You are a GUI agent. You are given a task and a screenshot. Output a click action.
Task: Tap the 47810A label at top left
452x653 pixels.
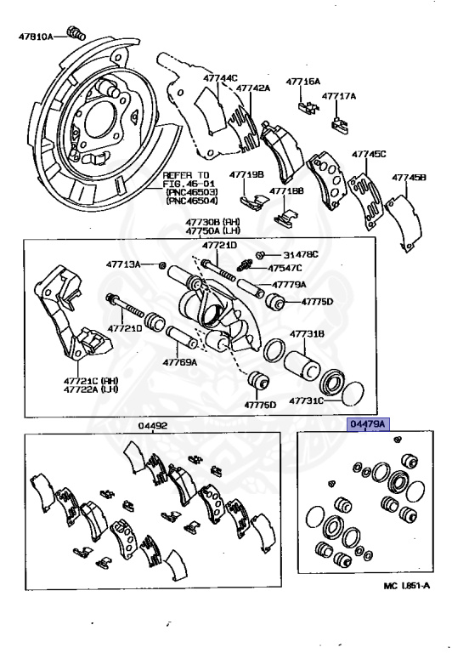pyautogui.click(x=37, y=37)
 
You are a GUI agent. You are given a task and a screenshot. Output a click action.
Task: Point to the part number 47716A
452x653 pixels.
pyautogui.click(x=303, y=82)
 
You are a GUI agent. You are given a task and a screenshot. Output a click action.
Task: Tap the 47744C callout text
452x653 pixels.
pyautogui.click(x=220, y=78)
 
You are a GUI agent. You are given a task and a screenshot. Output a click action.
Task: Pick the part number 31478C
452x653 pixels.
pyautogui.click(x=301, y=254)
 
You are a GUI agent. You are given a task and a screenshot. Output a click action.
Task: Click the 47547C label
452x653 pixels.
pyautogui.click(x=287, y=268)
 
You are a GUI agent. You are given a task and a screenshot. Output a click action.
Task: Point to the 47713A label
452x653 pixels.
pyautogui.click(x=123, y=264)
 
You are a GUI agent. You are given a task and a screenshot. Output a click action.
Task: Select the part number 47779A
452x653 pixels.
pyautogui.click(x=290, y=284)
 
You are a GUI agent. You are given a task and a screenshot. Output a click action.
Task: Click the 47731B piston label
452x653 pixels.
pyautogui.click(x=308, y=334)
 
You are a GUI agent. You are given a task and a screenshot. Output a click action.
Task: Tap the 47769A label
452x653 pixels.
pyautogui.click(x=180, y=361)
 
